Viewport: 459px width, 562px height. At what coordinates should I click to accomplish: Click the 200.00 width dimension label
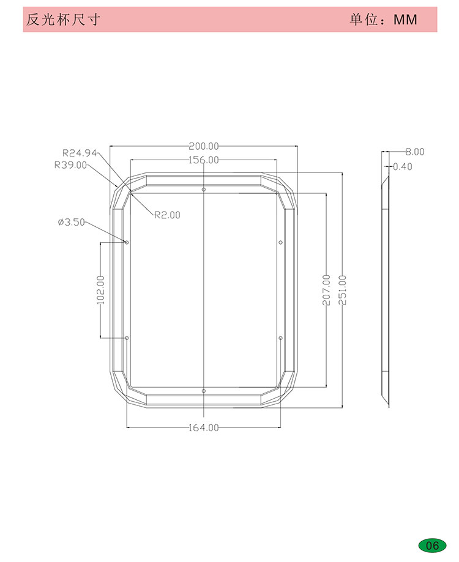tap(204, 146)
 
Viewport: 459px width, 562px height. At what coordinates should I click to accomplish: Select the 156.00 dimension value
tap(204, 160)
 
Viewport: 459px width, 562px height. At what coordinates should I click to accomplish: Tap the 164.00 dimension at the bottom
tap(204, 427)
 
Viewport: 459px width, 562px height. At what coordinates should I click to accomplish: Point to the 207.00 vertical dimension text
tap(326, 290)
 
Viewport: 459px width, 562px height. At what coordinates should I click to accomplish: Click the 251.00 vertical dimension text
tap(343, 290)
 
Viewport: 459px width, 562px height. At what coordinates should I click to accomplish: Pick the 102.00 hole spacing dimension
tap(101, 290)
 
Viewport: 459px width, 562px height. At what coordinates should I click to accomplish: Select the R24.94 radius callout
tap(80, 153)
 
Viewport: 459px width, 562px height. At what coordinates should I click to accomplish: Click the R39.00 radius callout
tap(70, 165)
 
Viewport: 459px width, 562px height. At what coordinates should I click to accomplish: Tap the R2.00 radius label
tap(168, 215)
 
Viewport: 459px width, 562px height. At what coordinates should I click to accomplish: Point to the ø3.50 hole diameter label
tap(72, 222)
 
